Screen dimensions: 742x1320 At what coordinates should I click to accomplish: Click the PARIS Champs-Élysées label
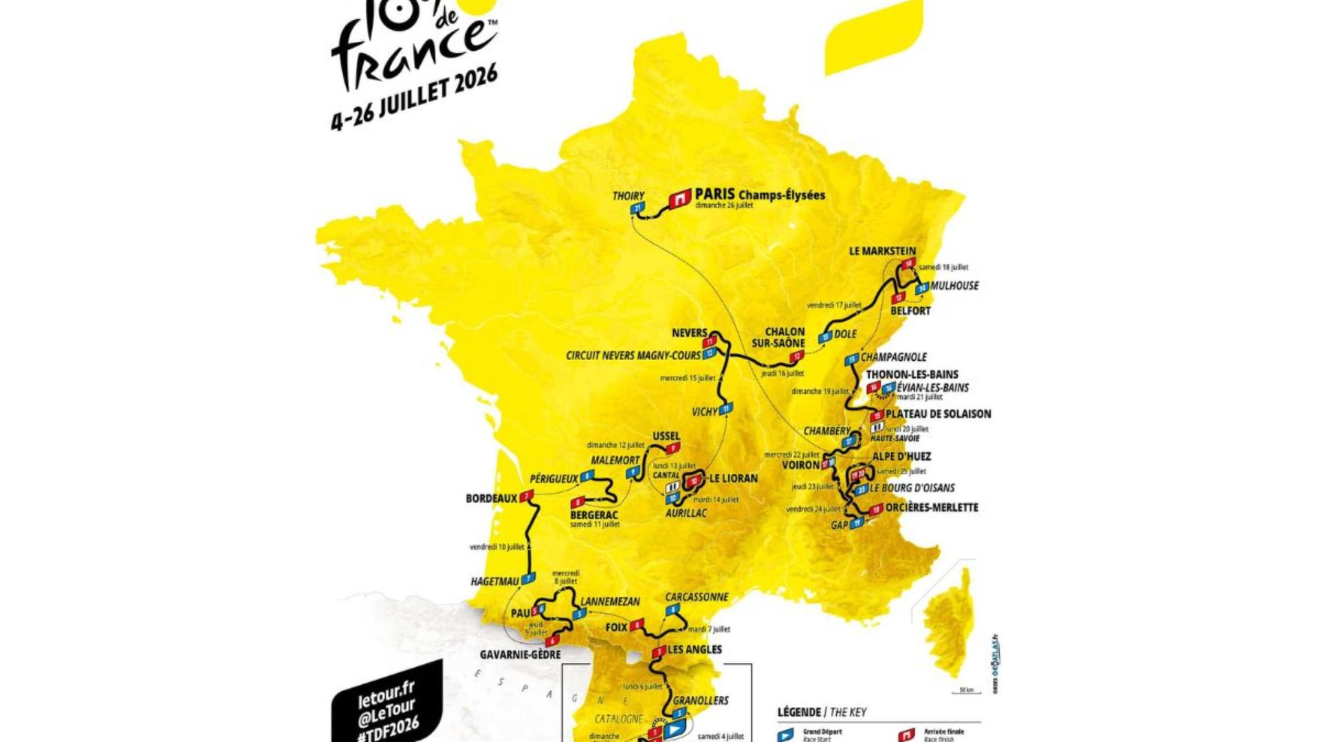(759, 194)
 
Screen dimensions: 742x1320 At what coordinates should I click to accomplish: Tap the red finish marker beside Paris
(680, 199)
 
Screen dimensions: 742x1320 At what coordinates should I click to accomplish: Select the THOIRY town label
(628, 196)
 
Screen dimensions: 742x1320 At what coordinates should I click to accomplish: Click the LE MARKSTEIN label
(882, 251)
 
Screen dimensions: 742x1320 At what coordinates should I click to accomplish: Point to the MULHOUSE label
(954, 286)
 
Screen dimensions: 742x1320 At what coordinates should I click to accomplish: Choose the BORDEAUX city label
(491, 498)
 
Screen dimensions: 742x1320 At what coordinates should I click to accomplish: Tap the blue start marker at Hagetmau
(529, 579)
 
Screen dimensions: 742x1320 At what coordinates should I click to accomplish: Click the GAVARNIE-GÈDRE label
(520, 655)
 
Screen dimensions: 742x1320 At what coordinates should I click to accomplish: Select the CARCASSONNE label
(696, 597)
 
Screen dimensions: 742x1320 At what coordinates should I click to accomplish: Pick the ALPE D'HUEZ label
(901, 456)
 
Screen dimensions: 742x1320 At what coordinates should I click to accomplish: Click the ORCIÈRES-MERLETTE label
(932, 508)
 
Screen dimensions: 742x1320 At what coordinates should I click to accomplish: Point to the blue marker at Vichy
(725, 409)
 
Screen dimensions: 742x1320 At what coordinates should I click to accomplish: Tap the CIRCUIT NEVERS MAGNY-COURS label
(633, 356)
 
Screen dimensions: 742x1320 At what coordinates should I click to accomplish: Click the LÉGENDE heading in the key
(799, 712)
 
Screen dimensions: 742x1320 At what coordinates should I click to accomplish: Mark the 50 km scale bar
(966, 692)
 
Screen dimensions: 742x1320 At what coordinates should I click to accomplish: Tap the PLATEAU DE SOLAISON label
(938, 414)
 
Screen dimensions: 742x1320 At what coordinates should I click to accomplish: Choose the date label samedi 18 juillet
(943, 267)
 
